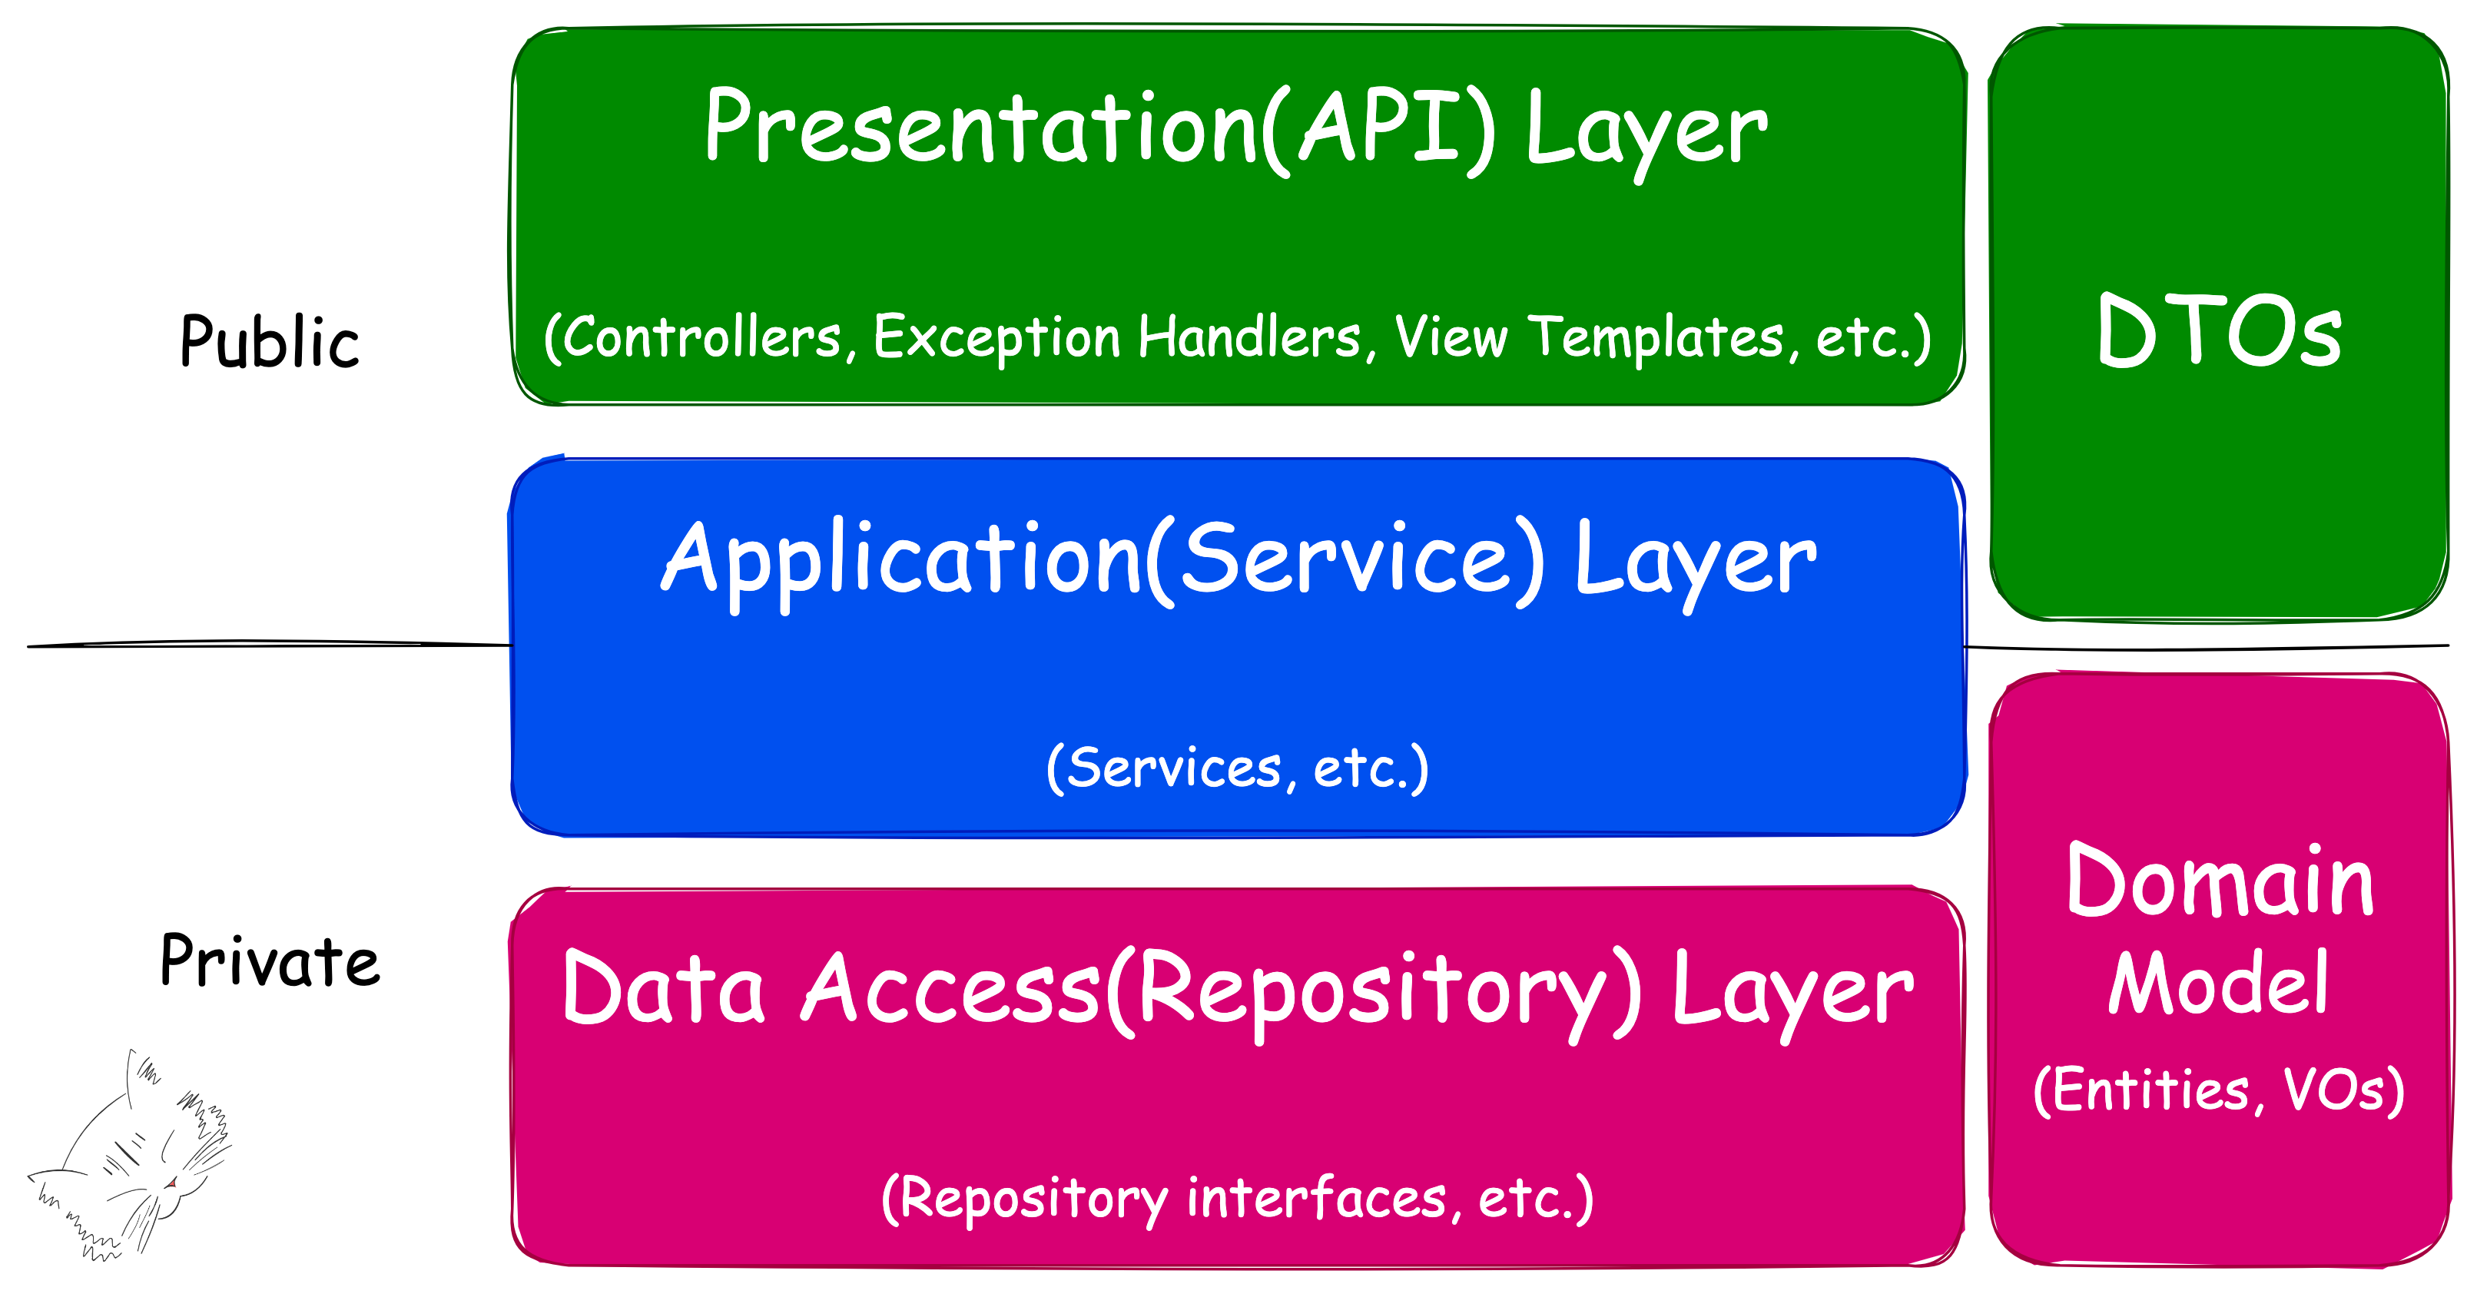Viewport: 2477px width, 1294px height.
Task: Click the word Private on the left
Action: [x=270, y=961]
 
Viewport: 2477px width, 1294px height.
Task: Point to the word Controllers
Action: [x=702, y=337]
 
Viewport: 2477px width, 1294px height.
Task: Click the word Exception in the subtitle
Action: [x=996, y=337]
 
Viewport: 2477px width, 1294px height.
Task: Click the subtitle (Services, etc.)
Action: [x=1238, y=768]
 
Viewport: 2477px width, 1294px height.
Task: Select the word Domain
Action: [x=2220, y=883]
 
